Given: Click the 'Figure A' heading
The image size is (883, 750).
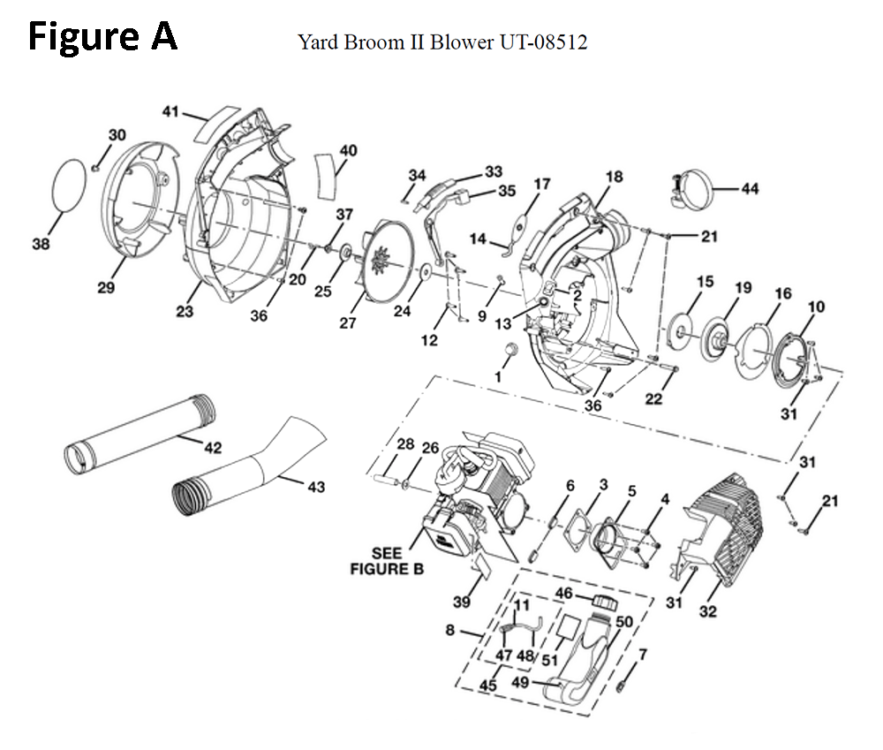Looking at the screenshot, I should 103,36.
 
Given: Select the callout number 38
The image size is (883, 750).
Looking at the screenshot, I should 41,245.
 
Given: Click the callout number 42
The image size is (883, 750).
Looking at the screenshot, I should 212,448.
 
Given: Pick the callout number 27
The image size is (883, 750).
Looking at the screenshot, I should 348,323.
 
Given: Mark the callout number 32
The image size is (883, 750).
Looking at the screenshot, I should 708,610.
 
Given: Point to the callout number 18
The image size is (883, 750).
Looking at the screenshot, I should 614,177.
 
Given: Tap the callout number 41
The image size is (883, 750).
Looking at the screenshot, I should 170,112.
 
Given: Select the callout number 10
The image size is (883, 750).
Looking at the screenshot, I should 816,307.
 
